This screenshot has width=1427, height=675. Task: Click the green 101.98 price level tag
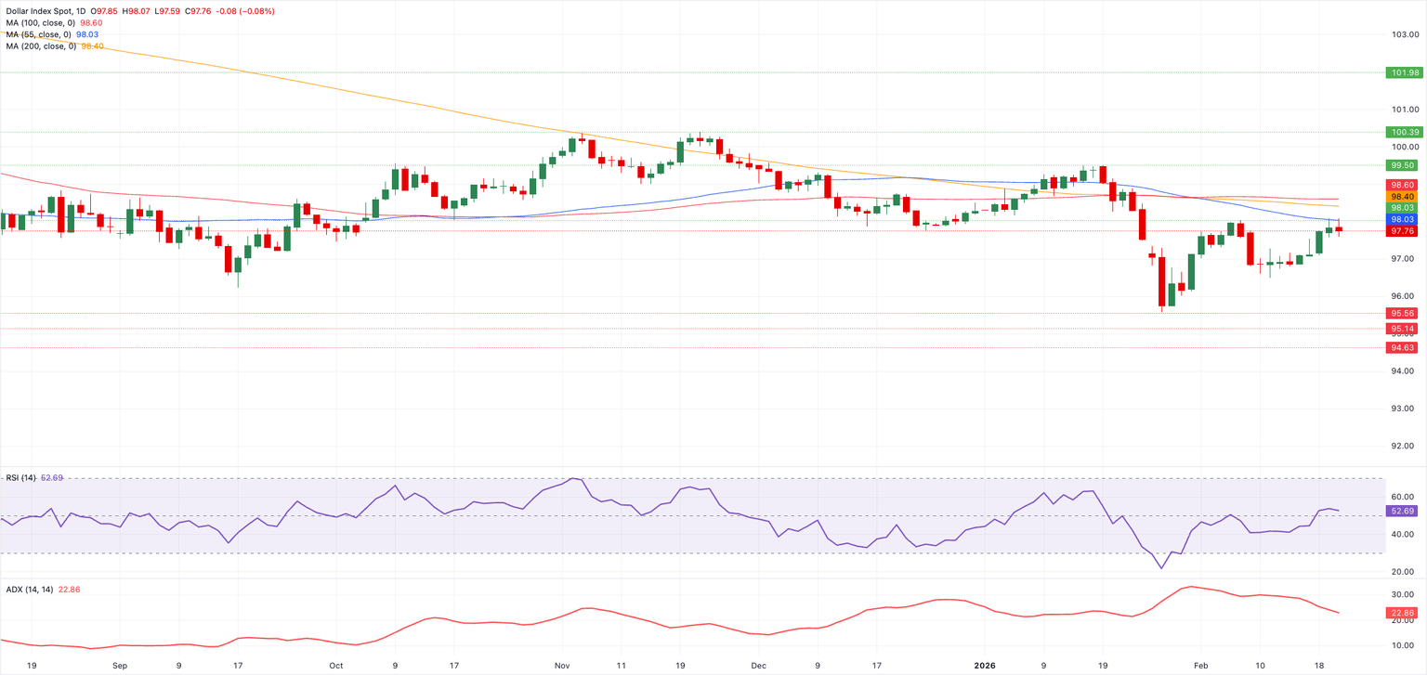(x=1403, y=72)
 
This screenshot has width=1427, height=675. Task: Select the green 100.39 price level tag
(x=1403, y=133)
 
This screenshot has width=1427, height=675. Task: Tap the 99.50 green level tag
(x=1403, y=165)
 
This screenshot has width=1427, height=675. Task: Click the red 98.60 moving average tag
(x=1403, y=186)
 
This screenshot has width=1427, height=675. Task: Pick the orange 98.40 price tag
(x=1403, y=197)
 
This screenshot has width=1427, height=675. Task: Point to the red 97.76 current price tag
(x=1403, y=231)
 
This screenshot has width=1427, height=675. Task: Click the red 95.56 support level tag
(x=1403, y=314)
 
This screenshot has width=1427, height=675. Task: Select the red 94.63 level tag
(x=1403, y=348)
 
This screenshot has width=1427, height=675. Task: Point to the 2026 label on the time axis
(x=984, y=665)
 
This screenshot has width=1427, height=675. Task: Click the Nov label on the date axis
(x=563, y=665)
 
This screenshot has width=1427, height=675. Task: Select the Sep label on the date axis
(x=120, y=665)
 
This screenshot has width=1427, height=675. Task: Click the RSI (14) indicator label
(x=20, y=477)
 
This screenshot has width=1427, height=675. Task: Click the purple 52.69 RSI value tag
(x=1403, y=511)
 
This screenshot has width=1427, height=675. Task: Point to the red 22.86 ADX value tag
(x=1403, y=613)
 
